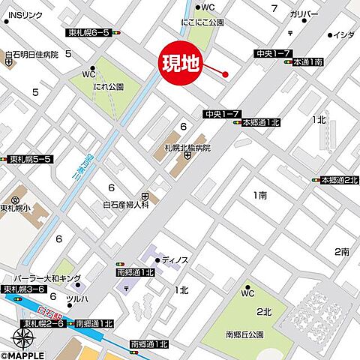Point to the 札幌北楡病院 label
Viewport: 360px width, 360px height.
coord(187,147)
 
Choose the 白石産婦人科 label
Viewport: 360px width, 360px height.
coord(125,203)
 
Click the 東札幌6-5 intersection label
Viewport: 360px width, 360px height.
coord(88,33)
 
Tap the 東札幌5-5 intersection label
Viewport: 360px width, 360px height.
coord(30,160)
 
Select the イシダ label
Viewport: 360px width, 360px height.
coord(343,35)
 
